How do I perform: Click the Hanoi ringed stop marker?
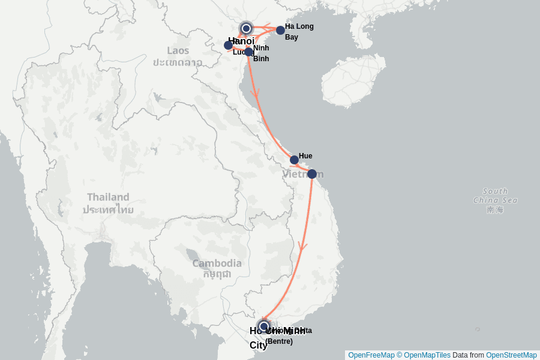click(246, 28)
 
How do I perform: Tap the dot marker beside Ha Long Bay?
click(280, 30)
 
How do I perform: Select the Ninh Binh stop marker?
click(248, 52)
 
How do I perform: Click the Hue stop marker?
click(294, 160)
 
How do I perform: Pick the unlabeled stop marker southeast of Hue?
click(312, 174)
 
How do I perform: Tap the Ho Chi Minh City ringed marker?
click(263, 326)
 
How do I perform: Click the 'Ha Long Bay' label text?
click(299, 31)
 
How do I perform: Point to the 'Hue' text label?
click(305, 156)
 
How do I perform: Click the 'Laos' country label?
click(178, 50)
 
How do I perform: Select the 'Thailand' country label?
click(108, 197)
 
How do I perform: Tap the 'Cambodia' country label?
click(217, 263)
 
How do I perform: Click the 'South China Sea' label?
click(495, 196)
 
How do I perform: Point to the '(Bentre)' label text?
click(279, 341)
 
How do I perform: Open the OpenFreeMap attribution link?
click(371, 355)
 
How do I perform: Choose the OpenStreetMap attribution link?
click(511, 355)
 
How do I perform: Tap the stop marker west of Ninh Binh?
click(229, 45)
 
